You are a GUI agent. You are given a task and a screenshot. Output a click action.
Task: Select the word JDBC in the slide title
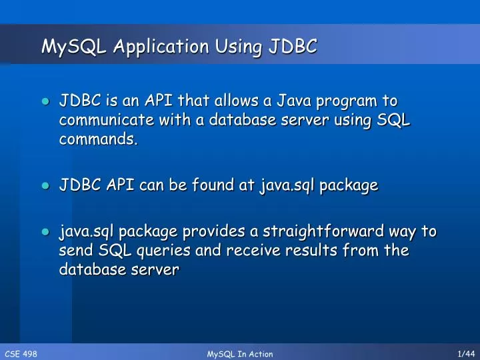(293, 46)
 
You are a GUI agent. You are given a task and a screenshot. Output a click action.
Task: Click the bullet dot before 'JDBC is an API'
(45, 102)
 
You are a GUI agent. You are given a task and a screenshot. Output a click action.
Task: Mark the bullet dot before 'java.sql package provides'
(45, 233)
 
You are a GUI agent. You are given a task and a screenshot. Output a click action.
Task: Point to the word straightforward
(337, 232)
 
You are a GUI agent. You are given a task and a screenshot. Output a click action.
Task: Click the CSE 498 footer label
(21, 354)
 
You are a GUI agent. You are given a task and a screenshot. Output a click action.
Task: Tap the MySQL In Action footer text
(240, 354)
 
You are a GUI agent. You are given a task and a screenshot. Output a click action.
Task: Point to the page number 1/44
(465, 354)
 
